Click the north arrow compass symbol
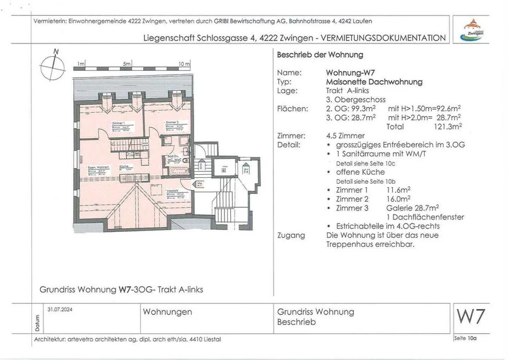point(53,67)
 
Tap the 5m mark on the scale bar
point(127,64)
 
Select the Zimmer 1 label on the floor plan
point(118,123)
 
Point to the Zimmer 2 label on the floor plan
point(172,122)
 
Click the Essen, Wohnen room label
point(98,167)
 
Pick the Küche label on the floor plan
point(124,166)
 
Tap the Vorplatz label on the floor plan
point(172,191)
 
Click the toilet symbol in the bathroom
point(187,160)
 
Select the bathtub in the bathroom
point(172,172)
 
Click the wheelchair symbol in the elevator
point(224,170)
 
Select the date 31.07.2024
point(60,309)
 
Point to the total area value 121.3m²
point(447,127)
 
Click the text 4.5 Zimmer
point(345,136)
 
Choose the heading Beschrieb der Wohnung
point(320,55)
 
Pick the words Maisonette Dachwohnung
point(374,82)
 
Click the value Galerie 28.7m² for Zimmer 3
point(412,208)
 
